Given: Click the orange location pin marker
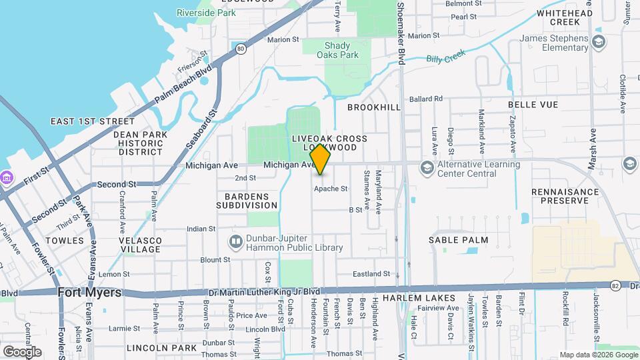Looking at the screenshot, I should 321,159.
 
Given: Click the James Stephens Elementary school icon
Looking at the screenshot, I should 599,43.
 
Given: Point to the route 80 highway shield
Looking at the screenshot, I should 240,48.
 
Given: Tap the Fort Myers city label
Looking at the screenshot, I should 89,293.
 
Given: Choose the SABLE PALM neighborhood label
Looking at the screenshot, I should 458,240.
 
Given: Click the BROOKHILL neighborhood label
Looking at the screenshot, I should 374,107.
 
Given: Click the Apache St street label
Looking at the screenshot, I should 331,189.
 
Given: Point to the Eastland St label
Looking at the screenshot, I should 371,274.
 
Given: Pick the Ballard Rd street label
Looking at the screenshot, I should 426,99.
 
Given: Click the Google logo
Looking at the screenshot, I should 21,351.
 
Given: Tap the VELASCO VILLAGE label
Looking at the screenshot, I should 140,245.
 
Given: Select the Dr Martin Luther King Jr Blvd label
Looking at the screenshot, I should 264,292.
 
